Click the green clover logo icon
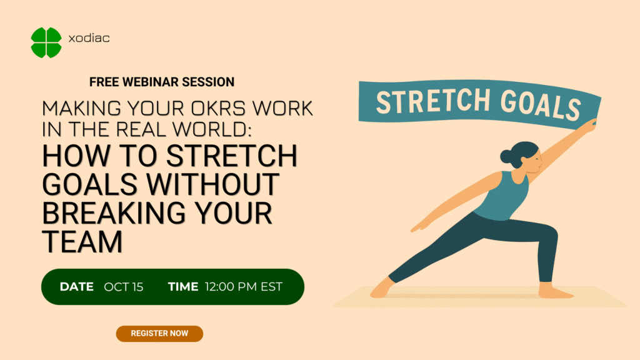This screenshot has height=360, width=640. coord(46,42)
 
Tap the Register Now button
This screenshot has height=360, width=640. coord(159,333)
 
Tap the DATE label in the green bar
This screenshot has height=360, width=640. coord(76,287)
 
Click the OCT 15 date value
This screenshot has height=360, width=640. coord(124,287)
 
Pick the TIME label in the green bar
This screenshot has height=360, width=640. coord(182,287)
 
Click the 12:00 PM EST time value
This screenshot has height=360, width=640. coord(244,287)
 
